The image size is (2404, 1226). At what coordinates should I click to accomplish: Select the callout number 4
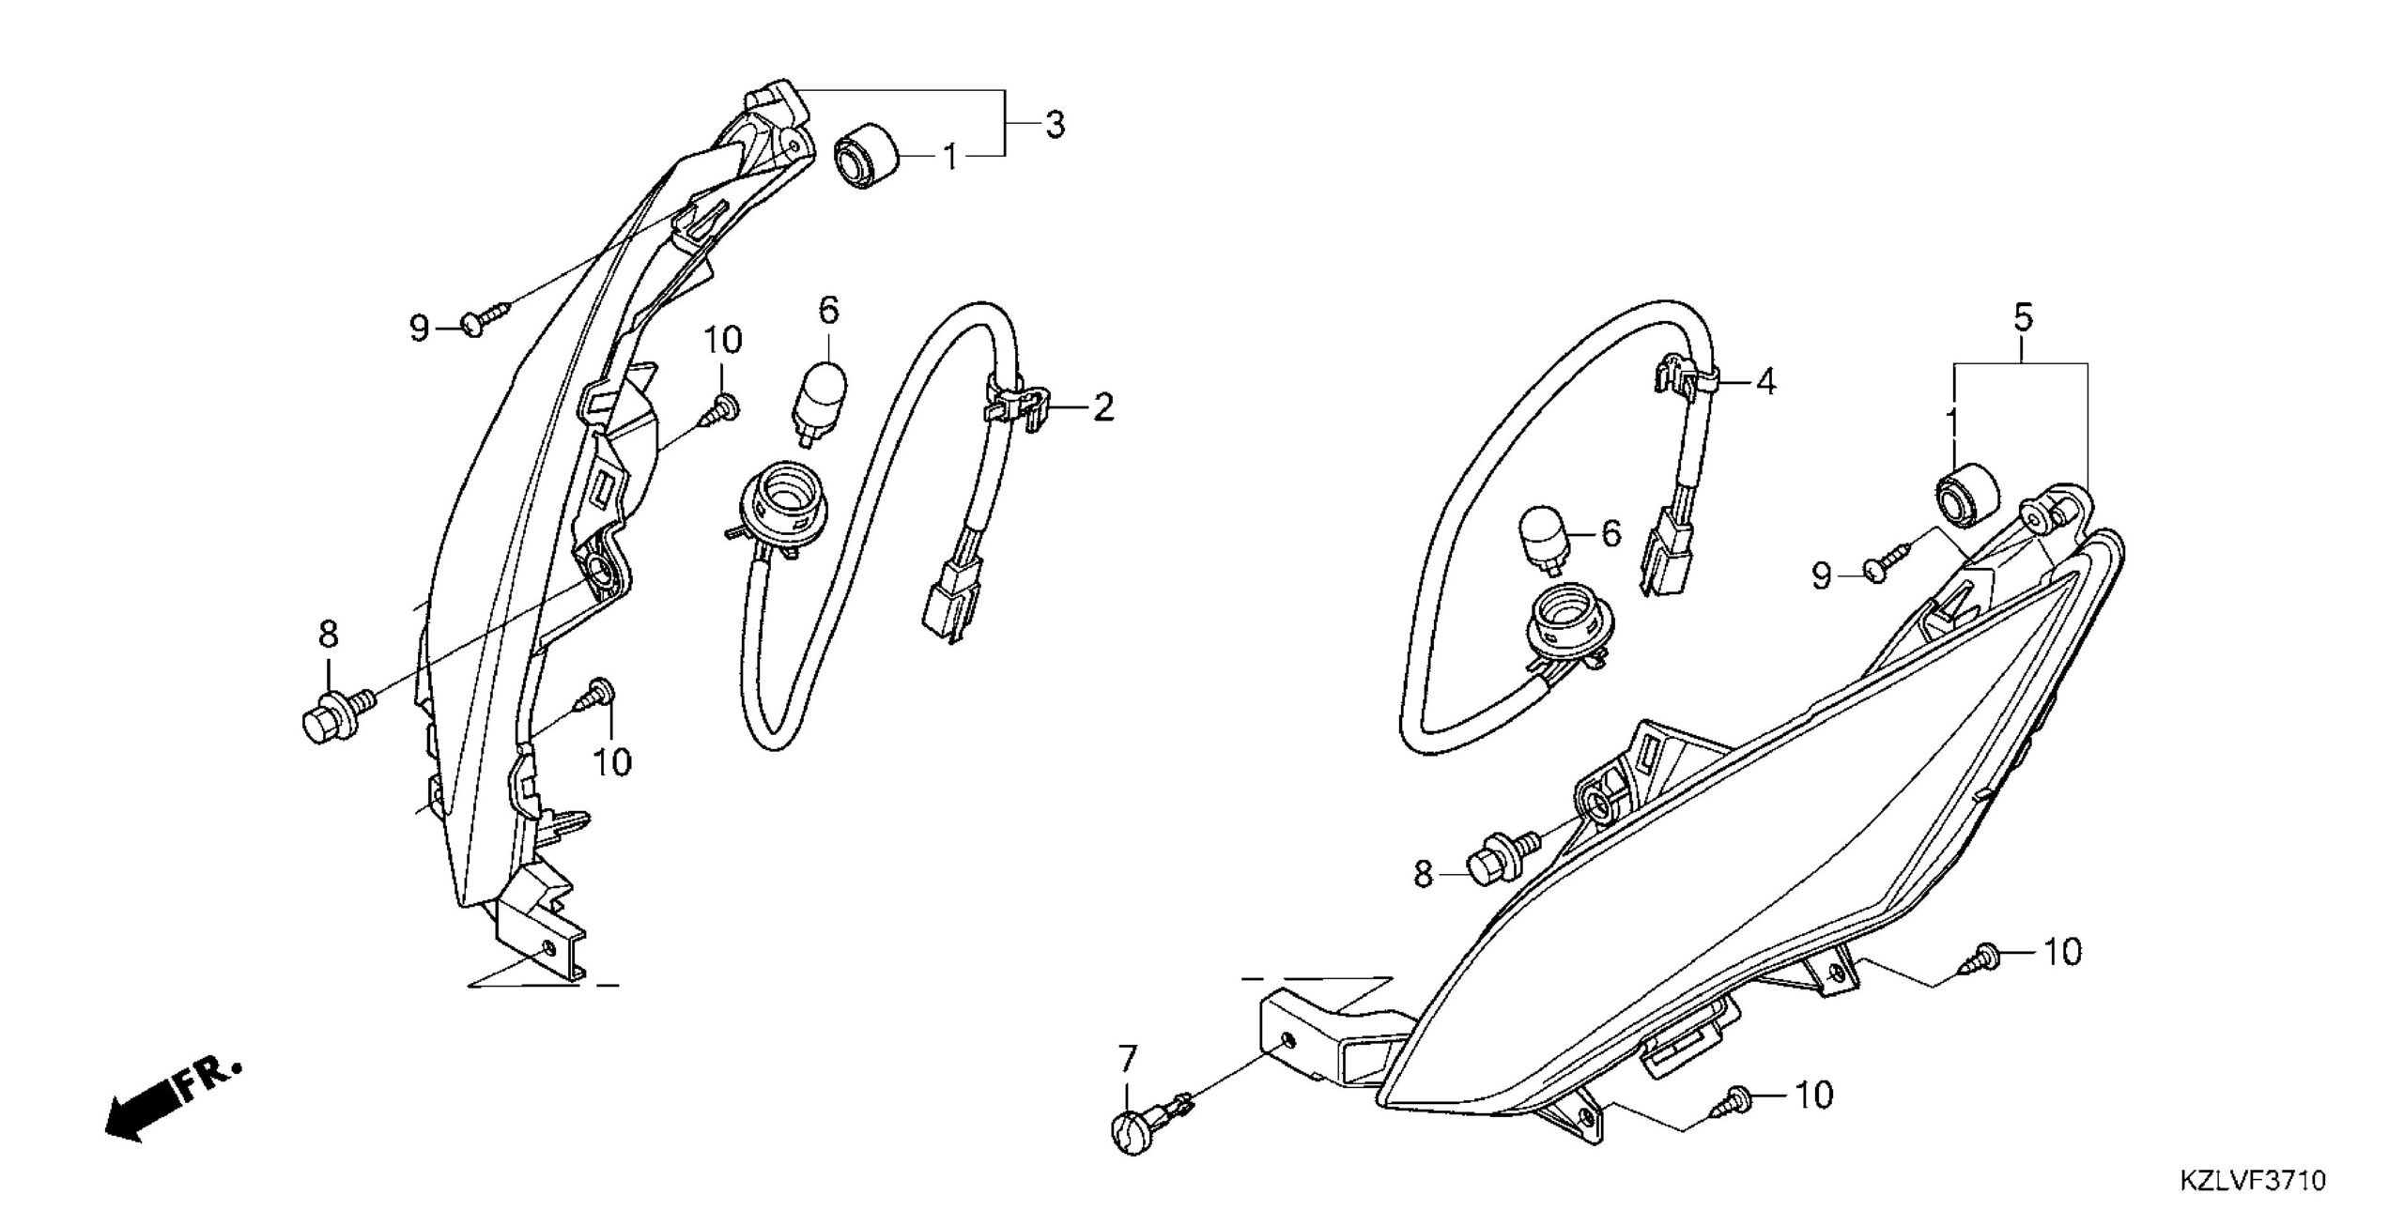[1765, 382]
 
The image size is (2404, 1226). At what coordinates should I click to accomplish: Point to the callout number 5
[2023, 317]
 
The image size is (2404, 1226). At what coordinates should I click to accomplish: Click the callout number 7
[1127, 1062]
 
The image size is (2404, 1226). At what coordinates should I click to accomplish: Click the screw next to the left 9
[485, 318]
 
